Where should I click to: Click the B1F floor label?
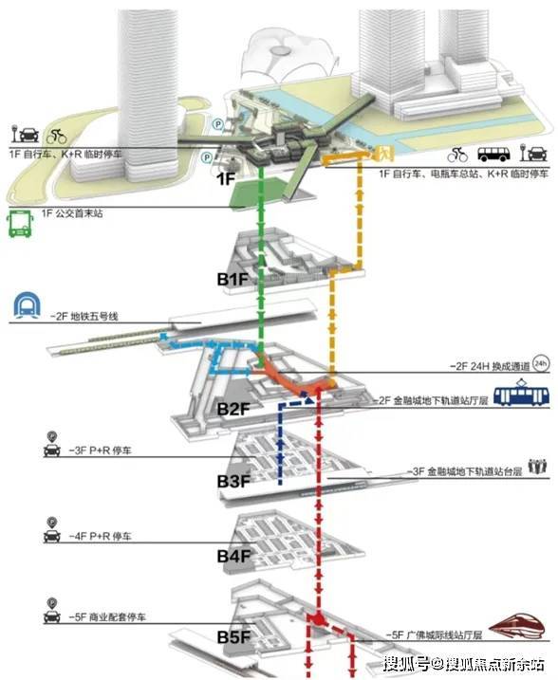(232, 279)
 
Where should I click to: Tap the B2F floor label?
(233, 409)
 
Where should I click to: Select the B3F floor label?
(233, 482)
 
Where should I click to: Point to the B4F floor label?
(233, 556)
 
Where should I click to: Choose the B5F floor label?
(233, 636)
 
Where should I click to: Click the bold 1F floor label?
(225, 178)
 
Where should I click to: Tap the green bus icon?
(20, 224)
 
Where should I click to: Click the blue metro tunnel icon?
(27, 304)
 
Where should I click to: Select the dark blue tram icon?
(521, 393)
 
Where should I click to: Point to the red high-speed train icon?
(516, 626)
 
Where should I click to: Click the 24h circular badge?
(541, 363)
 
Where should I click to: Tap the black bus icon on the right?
(493, 154)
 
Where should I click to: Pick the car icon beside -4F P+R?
(52, 530)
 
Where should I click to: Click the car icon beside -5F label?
(52, 611)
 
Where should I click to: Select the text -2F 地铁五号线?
(84, 316)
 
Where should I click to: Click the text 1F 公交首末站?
(72, 213)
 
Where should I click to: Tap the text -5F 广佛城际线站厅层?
(434, 635)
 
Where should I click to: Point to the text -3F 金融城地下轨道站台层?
(464, 471)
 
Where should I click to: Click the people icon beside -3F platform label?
(538, 467)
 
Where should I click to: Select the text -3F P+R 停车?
(100, 450)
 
